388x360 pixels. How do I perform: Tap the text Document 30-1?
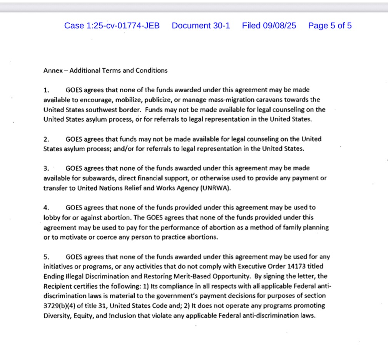click(x=201, y=26)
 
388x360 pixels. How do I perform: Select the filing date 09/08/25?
click(x=279, y=26)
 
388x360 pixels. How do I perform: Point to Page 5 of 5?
click(x=329, y=26)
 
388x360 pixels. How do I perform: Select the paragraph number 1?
click(x=46, y=90)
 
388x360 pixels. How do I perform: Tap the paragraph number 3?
click(x=46, y=168)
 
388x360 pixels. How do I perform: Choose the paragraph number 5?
click(x=46, y=257)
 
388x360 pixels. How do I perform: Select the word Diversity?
click(x=57, y=315)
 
